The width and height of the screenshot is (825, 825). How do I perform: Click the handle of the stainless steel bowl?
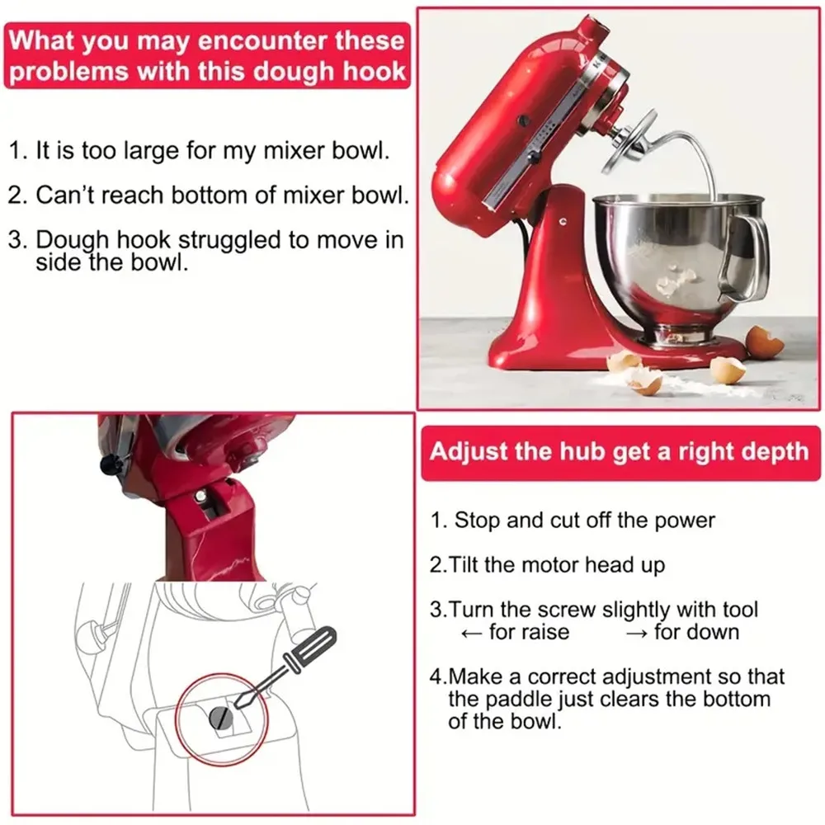point(747,256)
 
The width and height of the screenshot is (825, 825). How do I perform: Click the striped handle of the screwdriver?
point(310,651)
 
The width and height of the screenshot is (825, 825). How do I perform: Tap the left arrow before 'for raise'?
point(470,633)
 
